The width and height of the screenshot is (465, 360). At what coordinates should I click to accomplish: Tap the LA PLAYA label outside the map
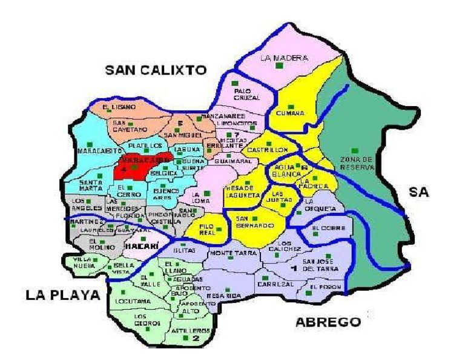click(62, 295)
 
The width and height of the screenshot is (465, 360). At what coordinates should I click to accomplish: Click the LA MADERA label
click(284, 58)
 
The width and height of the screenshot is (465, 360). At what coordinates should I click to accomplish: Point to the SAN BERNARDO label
click(251, 222)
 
